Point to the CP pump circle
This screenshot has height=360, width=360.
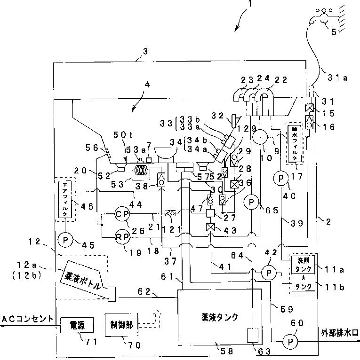point(122,214)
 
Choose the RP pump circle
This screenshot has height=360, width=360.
point(122,238)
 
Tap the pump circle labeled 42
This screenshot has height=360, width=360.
point(269,273)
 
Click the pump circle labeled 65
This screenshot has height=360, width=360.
point(252,201)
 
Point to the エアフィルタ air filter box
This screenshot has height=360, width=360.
point(65,199)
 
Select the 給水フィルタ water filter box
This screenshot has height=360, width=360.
point(295,144)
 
